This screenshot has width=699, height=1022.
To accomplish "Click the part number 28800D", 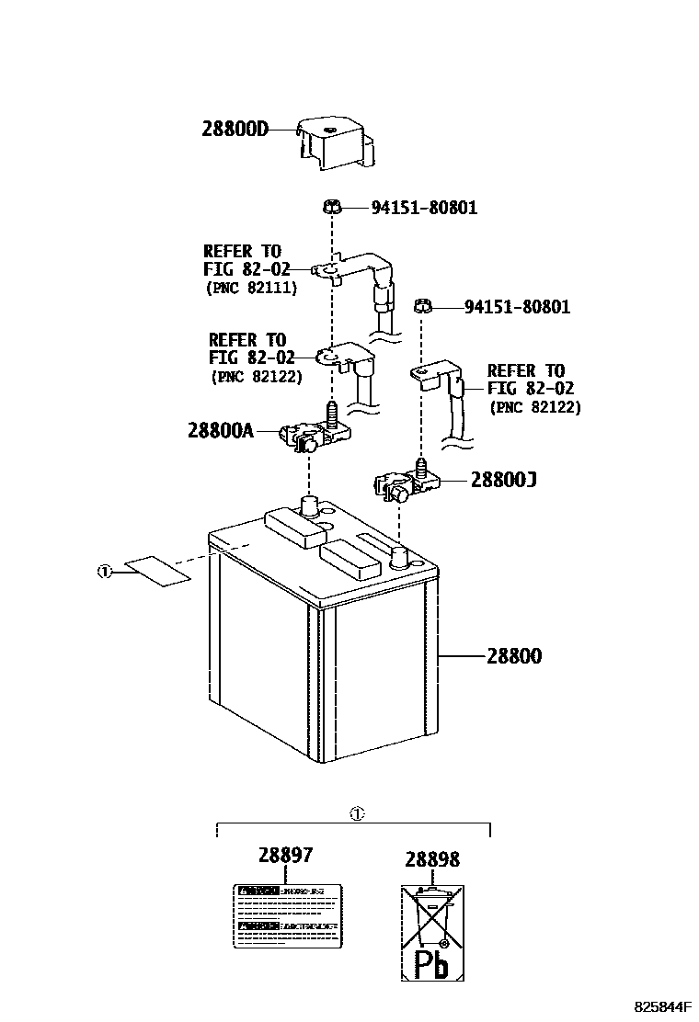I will pyautogui.click(x=235, y=129).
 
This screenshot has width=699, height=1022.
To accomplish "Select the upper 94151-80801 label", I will pyautogui.click(x=424, y=208).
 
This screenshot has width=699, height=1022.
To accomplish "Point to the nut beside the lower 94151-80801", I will pyautogui.click(x=423, y=305).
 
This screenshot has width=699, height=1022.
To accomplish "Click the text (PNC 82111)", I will pyautogui.click(x=250, y=288).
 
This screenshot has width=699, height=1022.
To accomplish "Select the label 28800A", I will pyautogui.click(x=220, y=430).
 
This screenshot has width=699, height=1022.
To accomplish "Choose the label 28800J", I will pyautogui.click(x=503, y=479).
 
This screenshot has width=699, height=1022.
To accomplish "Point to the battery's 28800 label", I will pyautogui.click(x=514, y=656).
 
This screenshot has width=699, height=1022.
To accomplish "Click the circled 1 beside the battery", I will pyautogui.click(x=104, y=572).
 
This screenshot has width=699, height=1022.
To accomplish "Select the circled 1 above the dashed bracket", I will pyautogui.click(x=357, y=813).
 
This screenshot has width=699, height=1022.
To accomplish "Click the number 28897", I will pyautogui.click(x=285, y=856).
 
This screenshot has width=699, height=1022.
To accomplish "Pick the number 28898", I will pyautogui.click(x=432, y=859).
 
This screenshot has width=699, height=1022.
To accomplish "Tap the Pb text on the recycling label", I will pyautogui.click(x=430, y=965).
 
